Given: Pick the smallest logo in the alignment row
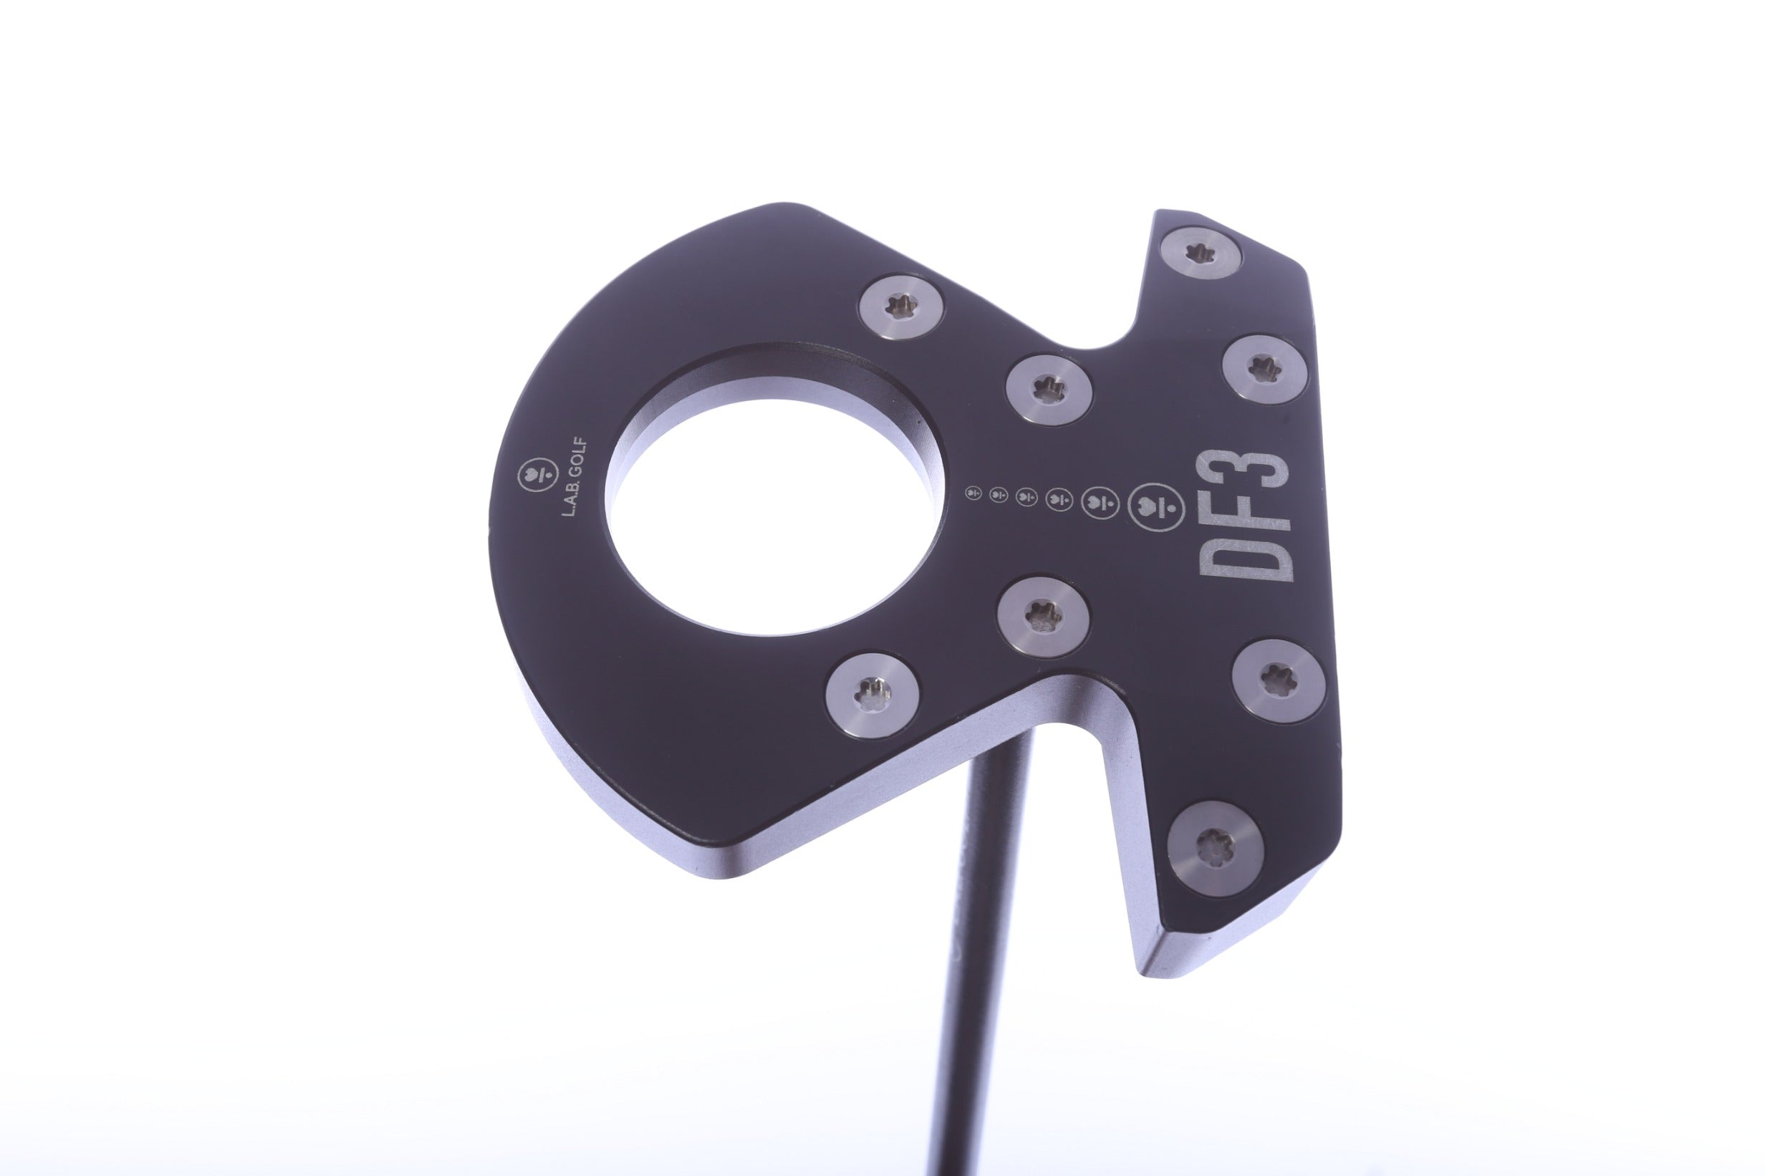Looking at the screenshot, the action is [973, 493].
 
